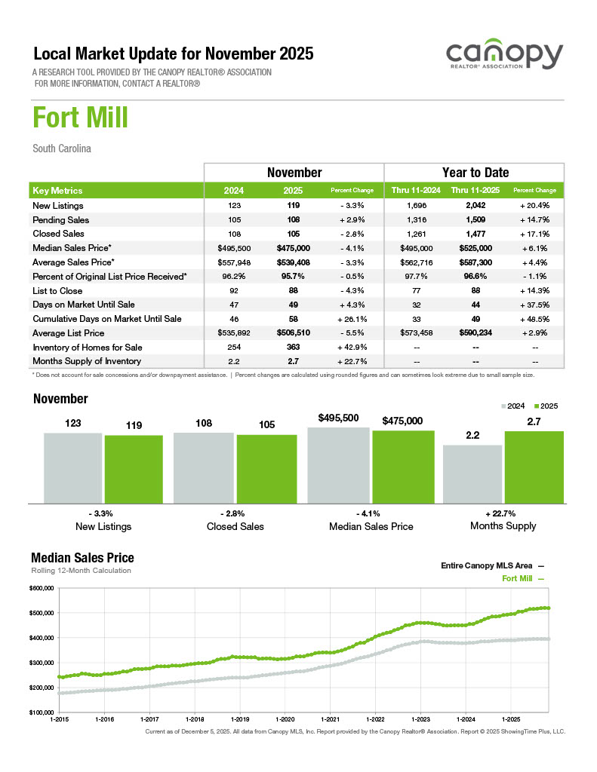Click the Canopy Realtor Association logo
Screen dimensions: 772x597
point(504,57)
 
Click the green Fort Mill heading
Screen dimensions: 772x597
point(80,118)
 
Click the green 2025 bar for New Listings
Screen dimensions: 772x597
point(134,468)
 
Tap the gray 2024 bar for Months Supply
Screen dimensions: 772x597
point(472,473)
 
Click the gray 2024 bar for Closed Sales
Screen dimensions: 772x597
point(204,467)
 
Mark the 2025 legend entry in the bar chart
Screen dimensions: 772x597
point(545,406)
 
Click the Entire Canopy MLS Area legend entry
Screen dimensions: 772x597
point(491,565)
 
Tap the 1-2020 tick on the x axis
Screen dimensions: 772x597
point(285,719)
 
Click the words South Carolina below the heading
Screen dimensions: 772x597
point(62,149)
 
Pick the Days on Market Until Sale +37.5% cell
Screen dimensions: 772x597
point(534,305)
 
